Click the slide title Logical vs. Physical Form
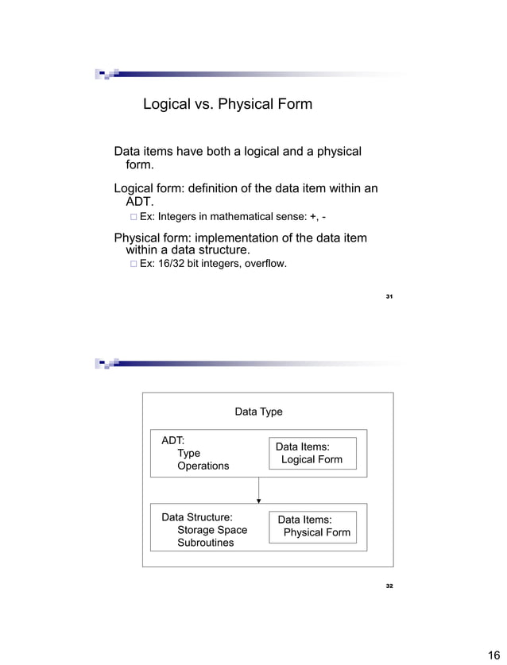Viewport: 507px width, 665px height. (x=227, y=104)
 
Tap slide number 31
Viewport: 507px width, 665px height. (x=389, y=296)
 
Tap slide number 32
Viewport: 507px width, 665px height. (x=389, y=586)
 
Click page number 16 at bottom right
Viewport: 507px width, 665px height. (x=492, y=655)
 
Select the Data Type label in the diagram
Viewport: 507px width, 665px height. (x=258, y=412)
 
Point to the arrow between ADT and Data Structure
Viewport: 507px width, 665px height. (x=259, y=490)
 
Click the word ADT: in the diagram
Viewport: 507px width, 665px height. (x=173, y=439)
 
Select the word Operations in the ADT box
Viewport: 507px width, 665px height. (x=203, y=466)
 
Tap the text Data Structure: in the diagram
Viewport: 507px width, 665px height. (x=197, y=517)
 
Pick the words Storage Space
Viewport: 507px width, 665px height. (x=212, y=530)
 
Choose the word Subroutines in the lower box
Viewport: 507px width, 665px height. (x=205, y=543)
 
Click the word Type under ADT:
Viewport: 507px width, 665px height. (x=188, y=453)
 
